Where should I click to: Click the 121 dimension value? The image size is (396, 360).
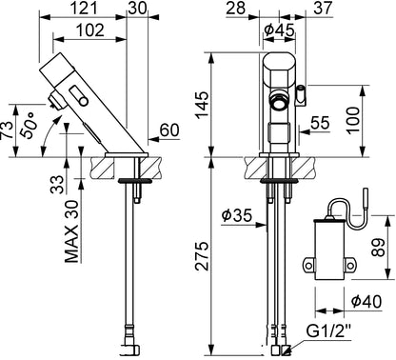tap(84, 8)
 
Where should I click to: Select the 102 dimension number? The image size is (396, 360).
tap(90, 30)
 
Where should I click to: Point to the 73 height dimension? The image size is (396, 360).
tap(7, 130)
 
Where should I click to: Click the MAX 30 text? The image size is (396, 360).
tap(71, 231)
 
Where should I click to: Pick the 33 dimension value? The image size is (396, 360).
tap(57, 185)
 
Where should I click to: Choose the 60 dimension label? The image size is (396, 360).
tap(169, 130)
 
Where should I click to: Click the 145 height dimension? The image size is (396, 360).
tap(202, 105)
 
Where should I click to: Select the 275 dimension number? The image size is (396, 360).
tap(202, 256)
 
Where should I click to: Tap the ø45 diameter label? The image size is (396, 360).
tap(280, 30)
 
